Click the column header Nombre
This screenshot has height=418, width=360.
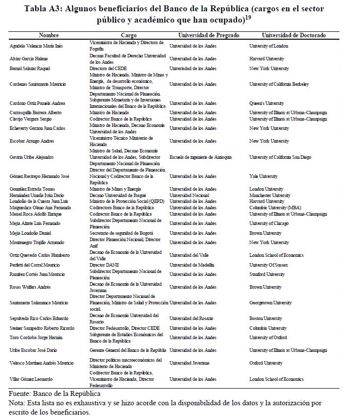[x=48, y=35]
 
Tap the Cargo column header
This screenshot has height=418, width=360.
[x=129, y=35]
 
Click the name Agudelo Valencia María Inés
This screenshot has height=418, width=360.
[x=37, y=46]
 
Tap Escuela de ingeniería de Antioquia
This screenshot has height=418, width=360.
[x=201, y=157]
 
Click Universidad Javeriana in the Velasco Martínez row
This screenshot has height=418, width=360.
[x=190, y=363]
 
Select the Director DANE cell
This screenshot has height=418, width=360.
[x=103, y=265]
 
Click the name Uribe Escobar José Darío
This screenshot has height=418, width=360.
[x=35, y=350]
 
